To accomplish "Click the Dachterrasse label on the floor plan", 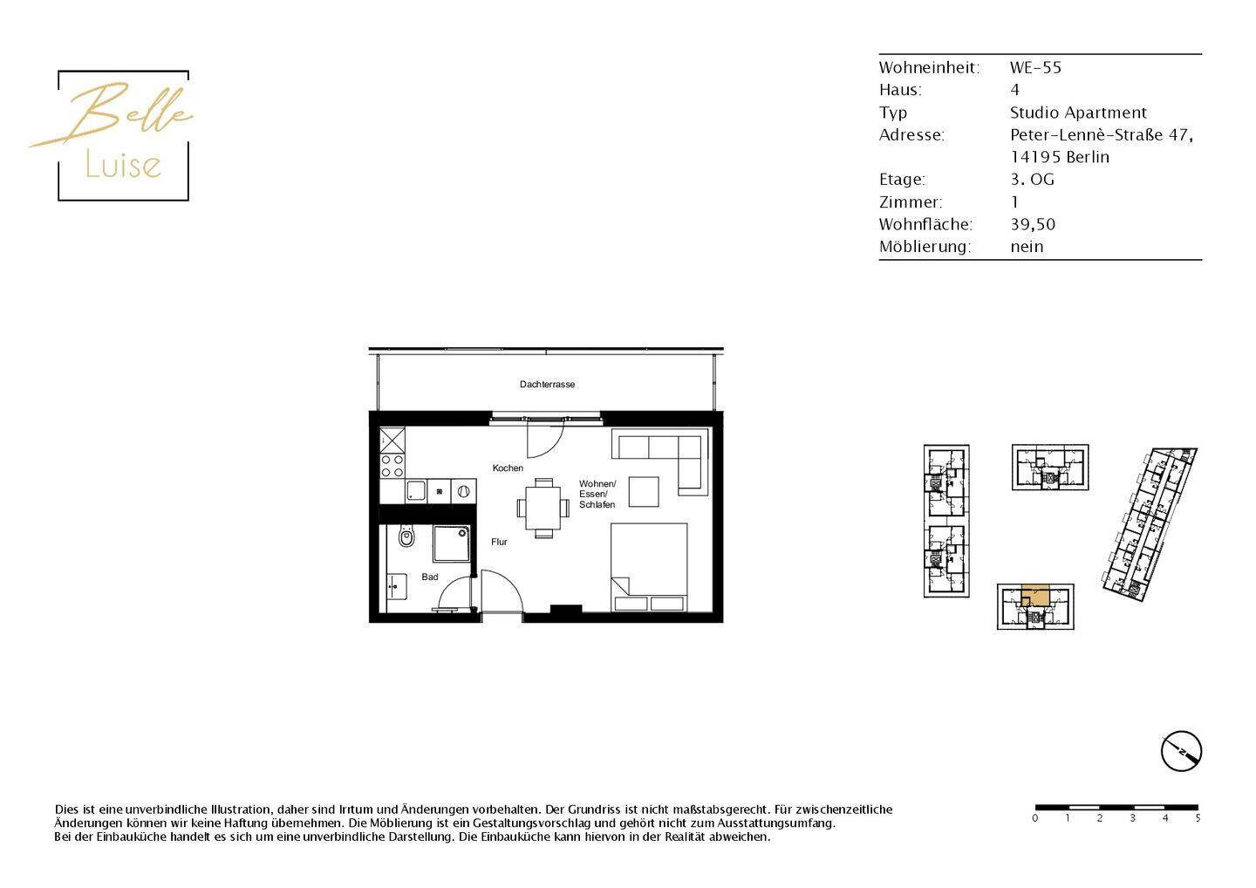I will (547, 384).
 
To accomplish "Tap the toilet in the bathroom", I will (406, 536).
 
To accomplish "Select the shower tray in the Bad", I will (451, 543).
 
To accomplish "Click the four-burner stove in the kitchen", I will (392, 465).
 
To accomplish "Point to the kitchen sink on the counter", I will (416, 491).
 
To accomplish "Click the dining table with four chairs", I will (543, 508).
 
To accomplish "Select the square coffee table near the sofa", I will (644, 491).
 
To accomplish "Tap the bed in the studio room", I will (649, 567).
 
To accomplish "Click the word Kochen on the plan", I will (508, 468).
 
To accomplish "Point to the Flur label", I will (499, 542).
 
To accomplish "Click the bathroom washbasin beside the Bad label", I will (396, 587).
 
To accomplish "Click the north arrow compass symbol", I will (1181, 751).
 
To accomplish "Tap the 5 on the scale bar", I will (1198, 818).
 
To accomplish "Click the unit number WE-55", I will (1035, 67).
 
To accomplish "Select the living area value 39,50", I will (1033, 224).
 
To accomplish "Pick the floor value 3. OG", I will (1032, 180).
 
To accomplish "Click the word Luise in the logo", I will (123, 165).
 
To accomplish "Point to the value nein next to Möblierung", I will (1027, 247).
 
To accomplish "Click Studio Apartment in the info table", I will (1078, 113).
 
